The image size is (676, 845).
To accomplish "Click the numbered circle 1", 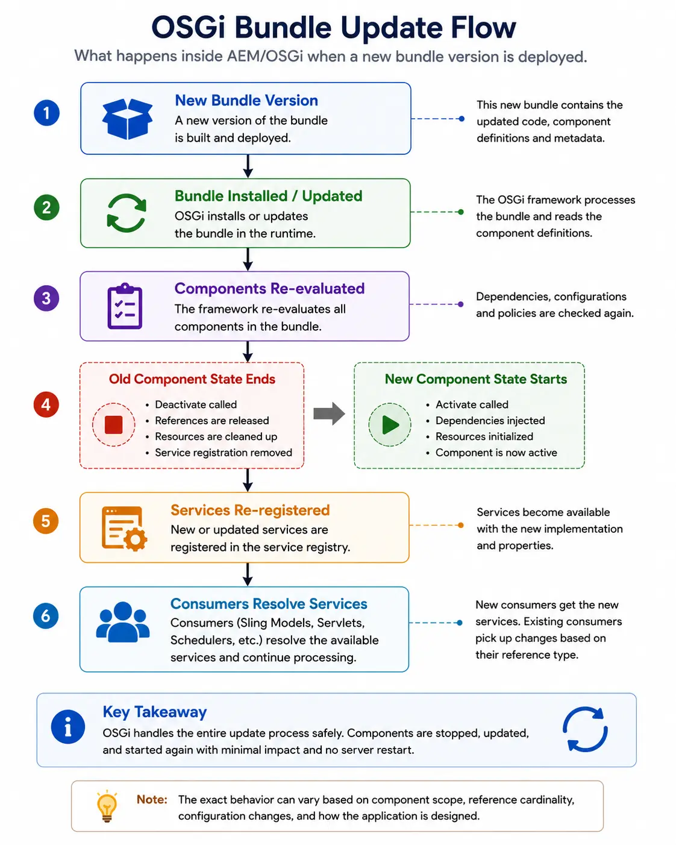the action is (x=46, y=113).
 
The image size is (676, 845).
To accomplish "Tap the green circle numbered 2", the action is (x=46, y=207).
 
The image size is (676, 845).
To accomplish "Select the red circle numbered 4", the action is (x=46, y=404).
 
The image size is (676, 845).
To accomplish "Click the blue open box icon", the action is (x=127, y=119).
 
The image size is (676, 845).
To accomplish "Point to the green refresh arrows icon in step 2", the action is (x=127, y=213).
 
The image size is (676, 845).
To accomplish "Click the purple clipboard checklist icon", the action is (x=125, y=306).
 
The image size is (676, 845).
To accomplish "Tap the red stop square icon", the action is (x=113, y=424).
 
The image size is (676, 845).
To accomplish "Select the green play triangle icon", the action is (x=390, y=424).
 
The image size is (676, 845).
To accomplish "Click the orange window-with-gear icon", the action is (x=124, y=529).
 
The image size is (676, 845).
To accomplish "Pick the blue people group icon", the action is (x=123, y=622).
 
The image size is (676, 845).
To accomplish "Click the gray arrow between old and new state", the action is (x=329, y=413).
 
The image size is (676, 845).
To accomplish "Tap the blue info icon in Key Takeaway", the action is (x=68, y=727).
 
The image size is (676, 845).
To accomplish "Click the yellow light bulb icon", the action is (x=107, y=806).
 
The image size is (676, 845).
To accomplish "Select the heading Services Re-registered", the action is (x=250, y=510).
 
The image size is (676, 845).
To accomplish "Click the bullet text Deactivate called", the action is (x=196, y=404).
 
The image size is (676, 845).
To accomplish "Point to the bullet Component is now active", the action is (x=496, y=453).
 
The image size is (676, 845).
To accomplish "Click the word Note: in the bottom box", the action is (x=152, y=799).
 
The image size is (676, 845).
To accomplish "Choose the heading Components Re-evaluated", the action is (x=270, y=289).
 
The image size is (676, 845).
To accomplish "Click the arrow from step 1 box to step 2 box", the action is (x=248, y=166).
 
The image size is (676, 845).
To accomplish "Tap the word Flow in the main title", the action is (x=483, y=27).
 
